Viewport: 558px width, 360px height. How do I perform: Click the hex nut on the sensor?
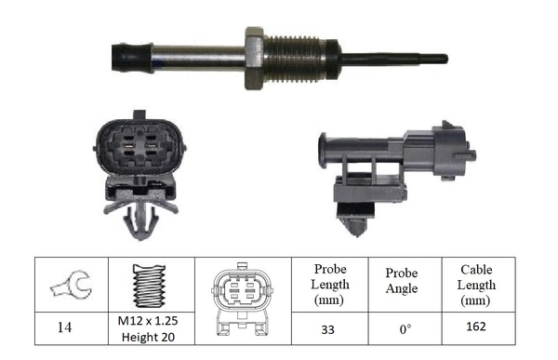(255, 58)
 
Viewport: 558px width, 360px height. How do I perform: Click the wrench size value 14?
(65, 328)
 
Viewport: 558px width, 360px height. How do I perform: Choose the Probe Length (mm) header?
(330, 284)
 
